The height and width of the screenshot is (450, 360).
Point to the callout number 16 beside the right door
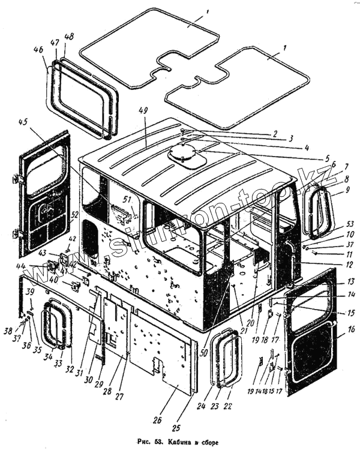[x=351, y=329]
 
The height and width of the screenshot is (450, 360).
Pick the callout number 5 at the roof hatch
[x=327, y=159]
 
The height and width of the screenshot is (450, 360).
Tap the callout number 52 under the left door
[x=74, y=215]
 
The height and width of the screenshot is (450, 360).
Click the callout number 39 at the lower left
[x=29, y=292]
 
